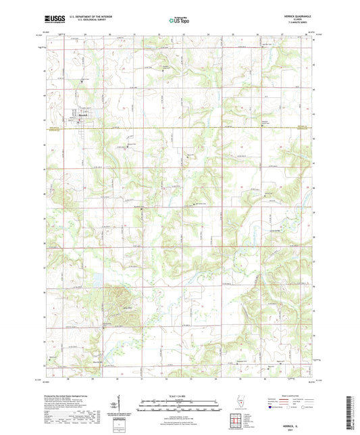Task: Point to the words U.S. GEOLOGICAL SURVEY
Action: (x=84, y=22)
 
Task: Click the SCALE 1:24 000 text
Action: (x=180, y=396)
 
